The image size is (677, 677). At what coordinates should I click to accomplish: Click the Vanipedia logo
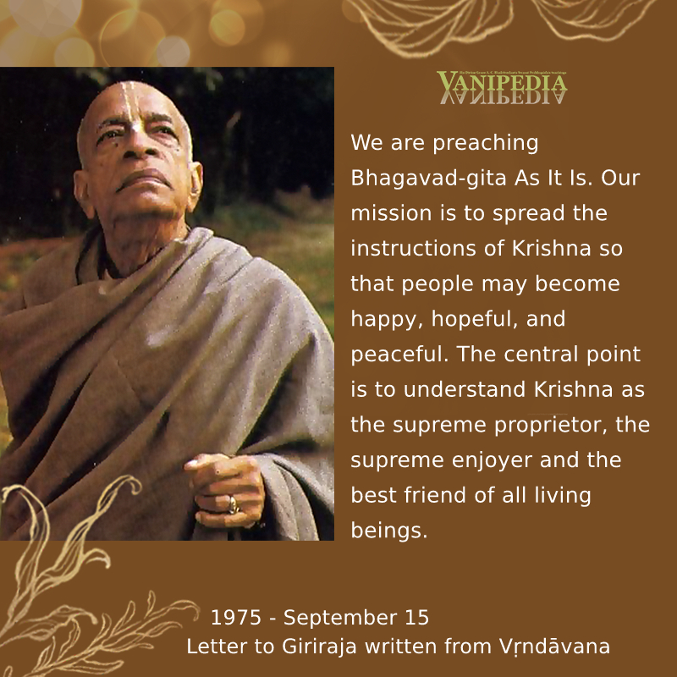(502, 87)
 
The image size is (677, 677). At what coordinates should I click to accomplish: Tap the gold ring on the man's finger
(234, 504)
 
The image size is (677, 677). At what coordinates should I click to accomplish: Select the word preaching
(485, 143)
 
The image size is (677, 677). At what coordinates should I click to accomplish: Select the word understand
(464, 389)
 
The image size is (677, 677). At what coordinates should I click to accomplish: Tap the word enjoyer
(492, 460)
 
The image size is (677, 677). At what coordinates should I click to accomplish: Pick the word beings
(389, 531)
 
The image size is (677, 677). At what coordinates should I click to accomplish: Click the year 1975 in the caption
(236, 618)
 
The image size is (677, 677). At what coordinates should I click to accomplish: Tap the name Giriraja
(320, 647)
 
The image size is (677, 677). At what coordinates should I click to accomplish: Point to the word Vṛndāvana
(555, 647)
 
